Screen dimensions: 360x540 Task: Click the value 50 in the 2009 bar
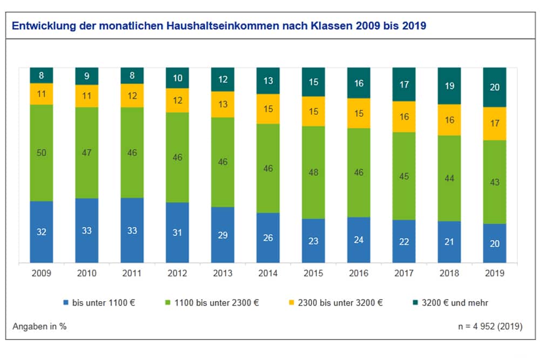42,153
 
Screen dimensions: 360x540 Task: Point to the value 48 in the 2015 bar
313,173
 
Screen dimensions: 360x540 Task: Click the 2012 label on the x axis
178,273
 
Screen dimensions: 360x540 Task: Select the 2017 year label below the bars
404,273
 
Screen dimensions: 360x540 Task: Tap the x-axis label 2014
268,273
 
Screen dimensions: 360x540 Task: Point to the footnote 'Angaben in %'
39,327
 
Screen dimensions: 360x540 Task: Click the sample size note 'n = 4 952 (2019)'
490,327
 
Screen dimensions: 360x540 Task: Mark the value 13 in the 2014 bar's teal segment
268,81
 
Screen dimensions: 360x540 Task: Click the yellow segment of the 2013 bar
223,104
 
